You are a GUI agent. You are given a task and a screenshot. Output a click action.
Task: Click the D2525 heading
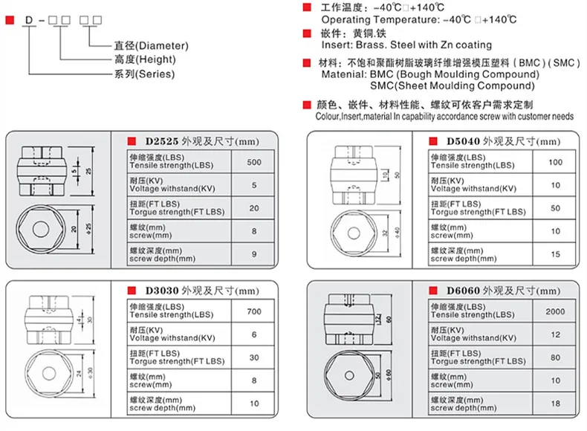[162, 140]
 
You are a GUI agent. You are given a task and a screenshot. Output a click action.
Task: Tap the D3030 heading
[162, 290]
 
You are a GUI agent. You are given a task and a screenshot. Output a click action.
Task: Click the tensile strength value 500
[254, 162]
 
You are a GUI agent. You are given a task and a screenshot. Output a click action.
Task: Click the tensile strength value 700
[254, 312]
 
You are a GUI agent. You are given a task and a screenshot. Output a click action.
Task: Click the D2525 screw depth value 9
[254, 254]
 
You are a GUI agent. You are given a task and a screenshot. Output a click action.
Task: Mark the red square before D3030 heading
[132, 290]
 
